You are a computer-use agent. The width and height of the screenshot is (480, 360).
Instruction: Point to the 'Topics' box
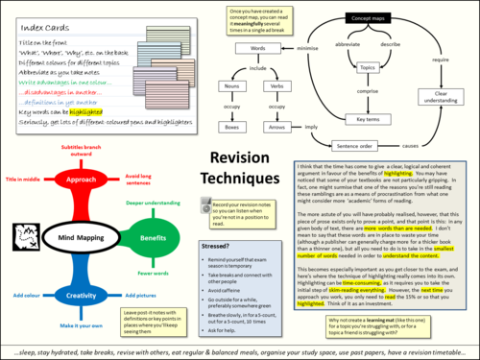click(x=366, y=68)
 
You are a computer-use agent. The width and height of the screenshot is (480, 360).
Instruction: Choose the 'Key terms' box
click(x=366, y=119)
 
